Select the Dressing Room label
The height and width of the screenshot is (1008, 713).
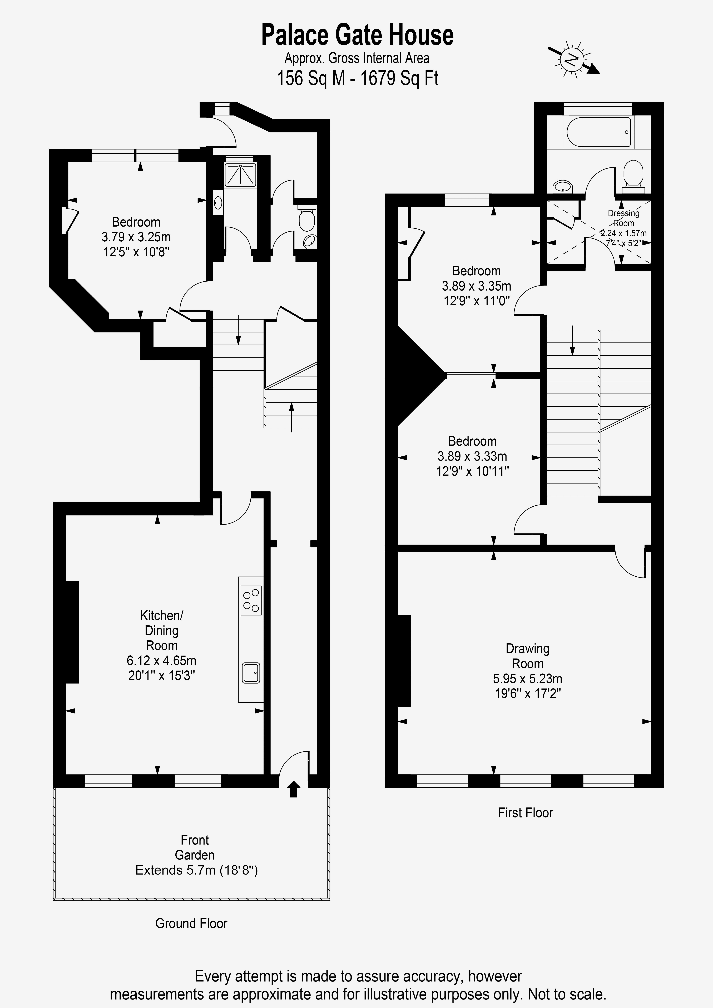pyautogui.click(x=623, y=218)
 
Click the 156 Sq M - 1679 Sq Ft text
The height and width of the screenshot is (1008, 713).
pyautogui.click(x=357, y=78)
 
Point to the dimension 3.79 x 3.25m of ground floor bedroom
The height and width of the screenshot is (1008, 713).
pyautogui.click(x=136, y=237)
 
